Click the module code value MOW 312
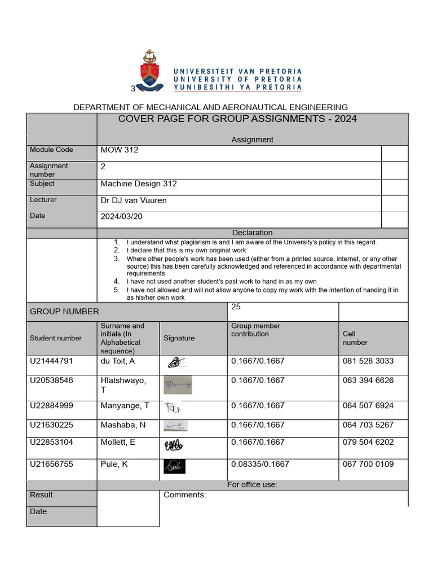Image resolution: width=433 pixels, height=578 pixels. point(119,150)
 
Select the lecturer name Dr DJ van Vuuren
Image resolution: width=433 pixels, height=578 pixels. point(134,200)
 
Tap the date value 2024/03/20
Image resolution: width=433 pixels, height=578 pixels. point(122,216)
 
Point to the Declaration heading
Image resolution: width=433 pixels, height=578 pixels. point(252,233)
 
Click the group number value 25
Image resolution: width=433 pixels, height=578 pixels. point(236,306)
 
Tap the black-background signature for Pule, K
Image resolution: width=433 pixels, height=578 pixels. point(174,466)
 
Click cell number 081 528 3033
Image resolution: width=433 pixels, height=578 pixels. point(368,361)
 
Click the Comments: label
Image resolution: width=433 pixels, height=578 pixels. point(184,495)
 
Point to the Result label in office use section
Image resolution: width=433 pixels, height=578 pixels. point(41,495)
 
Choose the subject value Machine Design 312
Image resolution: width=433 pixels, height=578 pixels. point(139,184)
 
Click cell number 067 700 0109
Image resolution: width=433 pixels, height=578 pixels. point(368,464)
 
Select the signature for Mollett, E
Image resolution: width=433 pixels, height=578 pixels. point(173,445)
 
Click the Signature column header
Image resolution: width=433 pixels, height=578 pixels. point(179,338)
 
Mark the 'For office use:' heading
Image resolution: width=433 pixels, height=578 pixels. point(252,484)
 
